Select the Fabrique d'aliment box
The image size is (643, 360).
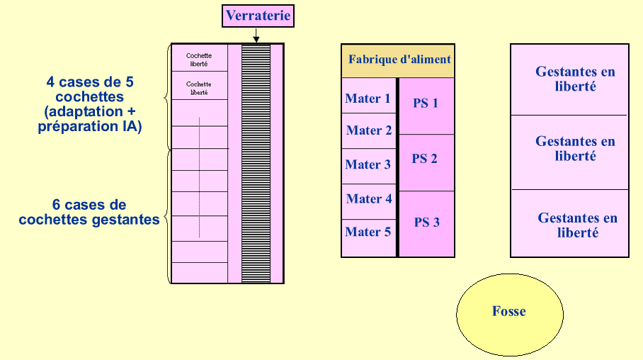tap(398, 60)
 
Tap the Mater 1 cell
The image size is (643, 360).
tap(368, 98)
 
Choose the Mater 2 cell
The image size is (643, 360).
tap(368, 130)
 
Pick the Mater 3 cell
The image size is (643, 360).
tap(368, 164)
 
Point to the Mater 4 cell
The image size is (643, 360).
tap(368, 199)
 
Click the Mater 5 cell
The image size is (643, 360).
tap(368, 232)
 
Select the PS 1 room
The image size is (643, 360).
tap(426, 104)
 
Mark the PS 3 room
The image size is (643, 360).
tap(426, 223)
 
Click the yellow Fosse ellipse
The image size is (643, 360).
tap(509, 312)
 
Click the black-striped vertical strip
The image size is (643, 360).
tap(256, 163)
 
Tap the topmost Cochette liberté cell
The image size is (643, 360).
tap(199, 59)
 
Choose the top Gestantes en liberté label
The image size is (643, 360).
tap(575, 79)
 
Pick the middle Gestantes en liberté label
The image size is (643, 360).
tap(575, 149)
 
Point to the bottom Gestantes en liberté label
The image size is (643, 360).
tap(576, 225)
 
